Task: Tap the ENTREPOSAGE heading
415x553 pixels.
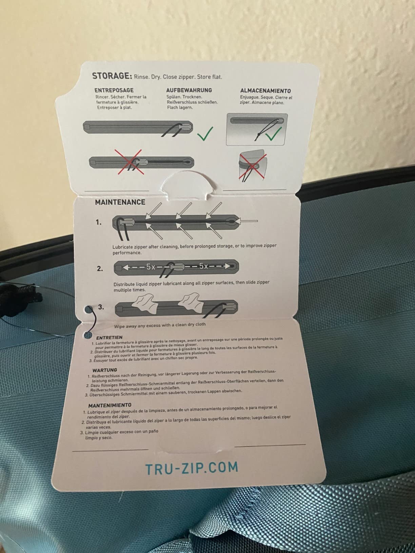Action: click(114, 90)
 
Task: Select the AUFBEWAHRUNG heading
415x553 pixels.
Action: click(189, 90)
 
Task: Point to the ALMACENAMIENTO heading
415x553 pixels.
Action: click(265, 91)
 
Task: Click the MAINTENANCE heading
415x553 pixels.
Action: click(120, 202)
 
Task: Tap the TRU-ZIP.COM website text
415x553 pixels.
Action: click(192, 468)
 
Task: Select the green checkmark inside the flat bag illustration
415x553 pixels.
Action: click(273, 134)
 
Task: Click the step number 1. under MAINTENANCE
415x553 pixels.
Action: click(98, 222)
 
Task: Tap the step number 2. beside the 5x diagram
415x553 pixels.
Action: click(100, 269)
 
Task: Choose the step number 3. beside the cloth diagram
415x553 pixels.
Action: click(101, 307)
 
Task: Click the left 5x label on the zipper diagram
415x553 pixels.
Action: click(151, 267)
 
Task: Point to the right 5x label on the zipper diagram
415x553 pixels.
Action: click(203, 266)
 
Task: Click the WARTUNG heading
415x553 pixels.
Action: click(104, 370)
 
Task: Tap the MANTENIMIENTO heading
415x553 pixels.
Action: click(110, 405)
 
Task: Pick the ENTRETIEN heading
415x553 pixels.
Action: click(109, 337)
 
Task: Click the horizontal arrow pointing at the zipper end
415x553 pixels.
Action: click(248, 221)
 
